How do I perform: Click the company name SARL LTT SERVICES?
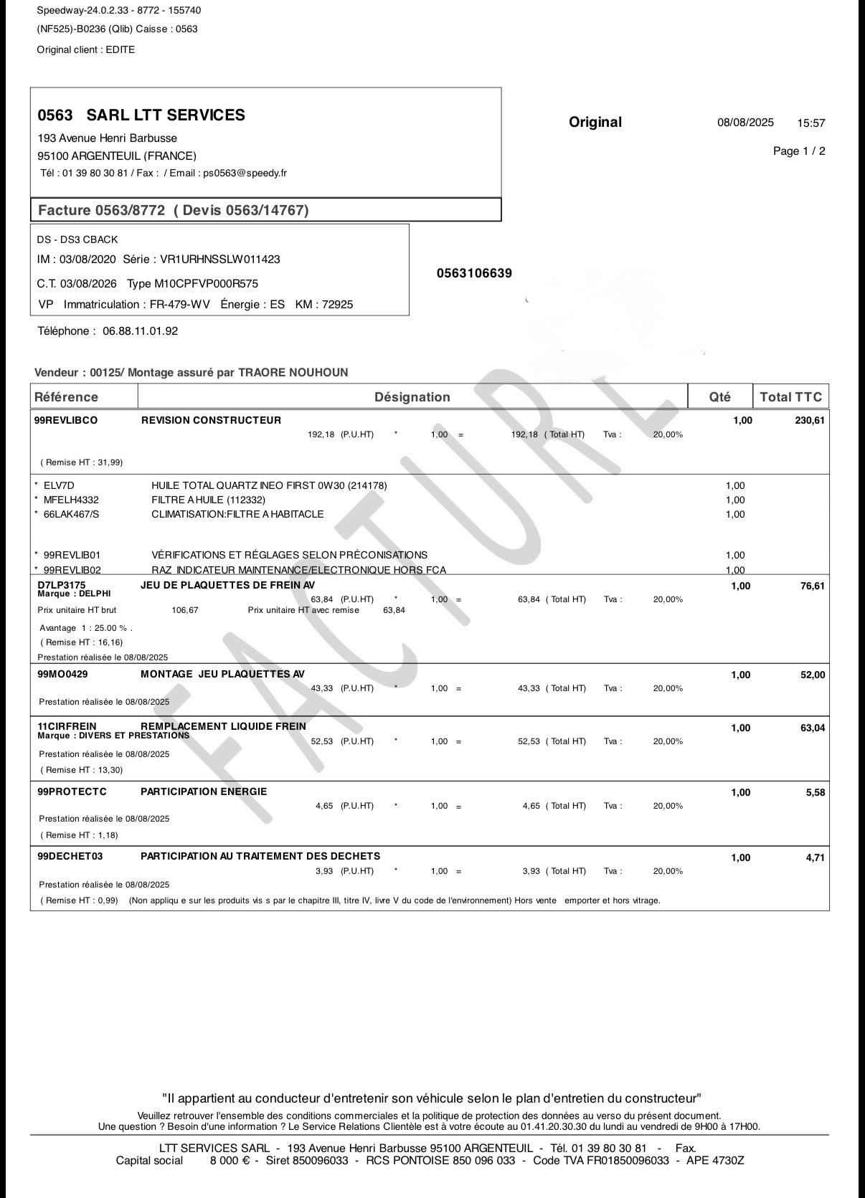click(165, 115)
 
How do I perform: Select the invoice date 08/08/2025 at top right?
click(745, 123)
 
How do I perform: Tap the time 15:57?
click(811, 123)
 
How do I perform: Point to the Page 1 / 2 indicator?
click(799, 151)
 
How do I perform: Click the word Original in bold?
click(595, 123)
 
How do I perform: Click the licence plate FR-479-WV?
click(180, 305)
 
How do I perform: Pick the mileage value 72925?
click(338, 305)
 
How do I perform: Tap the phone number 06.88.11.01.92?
click(140, 331)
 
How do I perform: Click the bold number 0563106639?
click(474, 274)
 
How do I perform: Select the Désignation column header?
click(412, 397)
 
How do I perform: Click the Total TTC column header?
click(790, 397)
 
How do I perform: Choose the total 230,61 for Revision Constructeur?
click(810, 421)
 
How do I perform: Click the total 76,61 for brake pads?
click(813, 586)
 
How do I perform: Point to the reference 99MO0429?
click(62, 674)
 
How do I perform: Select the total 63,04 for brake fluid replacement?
click(813, 728)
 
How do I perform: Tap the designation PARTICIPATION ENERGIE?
click(204, 791)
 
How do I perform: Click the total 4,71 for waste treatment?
click(816, 857)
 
